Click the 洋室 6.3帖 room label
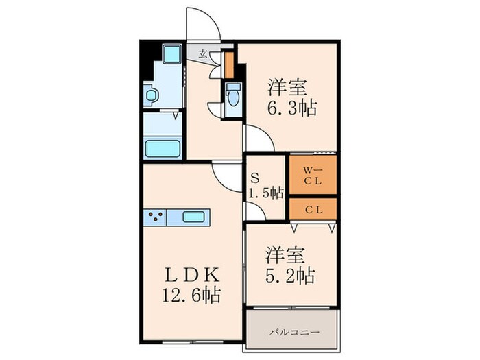291,97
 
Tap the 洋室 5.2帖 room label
290,265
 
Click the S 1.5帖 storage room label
265,184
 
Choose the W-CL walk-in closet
313,176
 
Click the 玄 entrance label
204,53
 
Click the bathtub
162,147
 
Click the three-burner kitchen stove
155,217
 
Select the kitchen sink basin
198,217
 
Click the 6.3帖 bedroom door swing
259,137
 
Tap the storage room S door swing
255,213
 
